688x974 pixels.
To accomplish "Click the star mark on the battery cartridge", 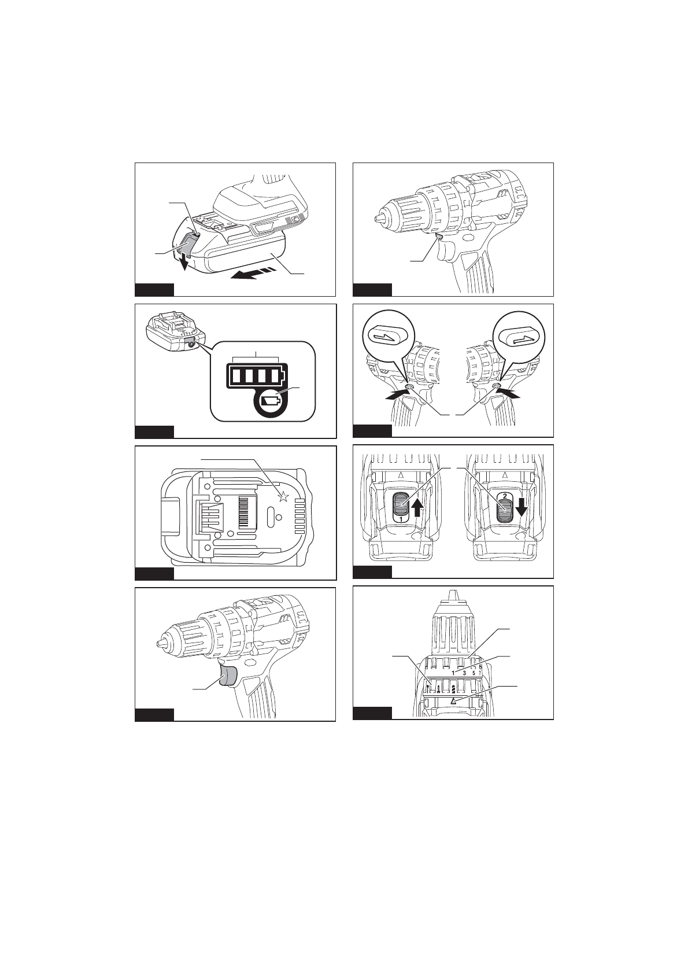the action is (283, 496).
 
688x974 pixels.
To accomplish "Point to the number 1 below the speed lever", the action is (401, 520).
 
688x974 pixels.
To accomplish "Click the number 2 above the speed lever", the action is (504, 496).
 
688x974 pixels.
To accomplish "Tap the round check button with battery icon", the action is (269, 401).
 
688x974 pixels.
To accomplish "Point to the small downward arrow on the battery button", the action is (184, 261).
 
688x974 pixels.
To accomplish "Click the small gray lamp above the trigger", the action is (439, 236).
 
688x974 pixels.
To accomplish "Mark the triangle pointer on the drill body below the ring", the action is (453, 700).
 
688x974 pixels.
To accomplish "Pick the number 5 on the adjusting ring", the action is (474, 673).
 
